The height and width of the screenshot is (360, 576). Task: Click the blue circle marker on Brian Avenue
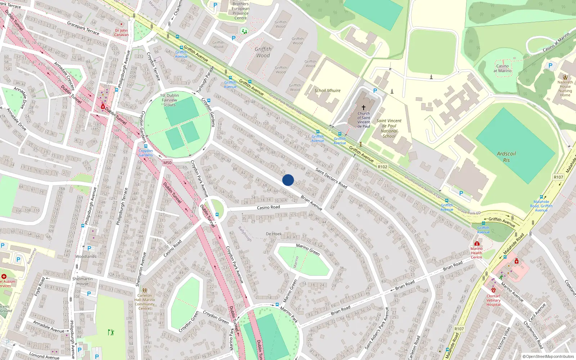[x=288, y=180]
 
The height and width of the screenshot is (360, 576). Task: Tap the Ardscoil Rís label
[x=506, y=157]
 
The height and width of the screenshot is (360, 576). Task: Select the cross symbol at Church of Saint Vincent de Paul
[x=364, y=107]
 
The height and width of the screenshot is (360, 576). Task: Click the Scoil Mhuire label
[x=327, y=91]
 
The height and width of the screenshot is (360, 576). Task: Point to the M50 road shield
[x=167, y=163]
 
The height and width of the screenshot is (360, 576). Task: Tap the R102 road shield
[x=382, y=167]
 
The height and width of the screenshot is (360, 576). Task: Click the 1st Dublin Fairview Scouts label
[x=169, y=100]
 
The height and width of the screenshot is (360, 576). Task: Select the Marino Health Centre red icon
[x=477, y=244]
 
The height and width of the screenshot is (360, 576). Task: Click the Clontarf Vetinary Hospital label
[x=493, y=300]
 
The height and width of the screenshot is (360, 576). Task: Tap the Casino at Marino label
[x=503, y=68]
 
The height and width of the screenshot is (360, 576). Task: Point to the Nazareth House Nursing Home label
[x=565, y=89]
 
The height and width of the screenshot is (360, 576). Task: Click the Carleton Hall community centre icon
[x=144, y=290]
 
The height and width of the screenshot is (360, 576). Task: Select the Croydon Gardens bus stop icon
[x=146, y=146]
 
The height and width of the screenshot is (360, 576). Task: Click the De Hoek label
[x=274, y=234]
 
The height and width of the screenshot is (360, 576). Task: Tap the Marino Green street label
[x=308, y=249]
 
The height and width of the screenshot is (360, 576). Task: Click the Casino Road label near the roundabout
[x=268, y=207]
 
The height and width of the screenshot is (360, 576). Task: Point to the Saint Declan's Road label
[x=331, y=178]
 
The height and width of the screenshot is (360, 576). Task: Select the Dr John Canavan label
[x=121, y=33]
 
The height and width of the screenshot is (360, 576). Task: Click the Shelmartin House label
[x=82, y=281]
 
